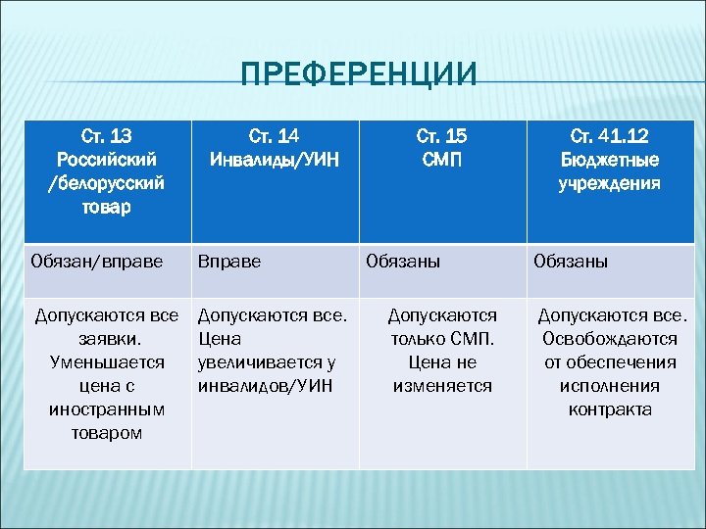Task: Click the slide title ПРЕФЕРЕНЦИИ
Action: coord(359,74)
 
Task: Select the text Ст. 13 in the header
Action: coord(107,134)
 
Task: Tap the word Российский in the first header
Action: coord(107,158)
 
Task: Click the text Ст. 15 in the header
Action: coord(442,135)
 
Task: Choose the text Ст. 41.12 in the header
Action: coord(609,135)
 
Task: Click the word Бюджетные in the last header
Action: coord(609,160)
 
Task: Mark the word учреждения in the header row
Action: coord(609,183)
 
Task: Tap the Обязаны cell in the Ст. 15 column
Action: coord(403,262)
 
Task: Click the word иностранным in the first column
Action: coord(107,409)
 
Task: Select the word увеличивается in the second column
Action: coord(265,362)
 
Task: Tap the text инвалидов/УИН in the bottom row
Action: coord(265,386)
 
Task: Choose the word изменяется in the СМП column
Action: coord(442,386)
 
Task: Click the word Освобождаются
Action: coord(609,339)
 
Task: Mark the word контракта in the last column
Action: coord(609,409)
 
